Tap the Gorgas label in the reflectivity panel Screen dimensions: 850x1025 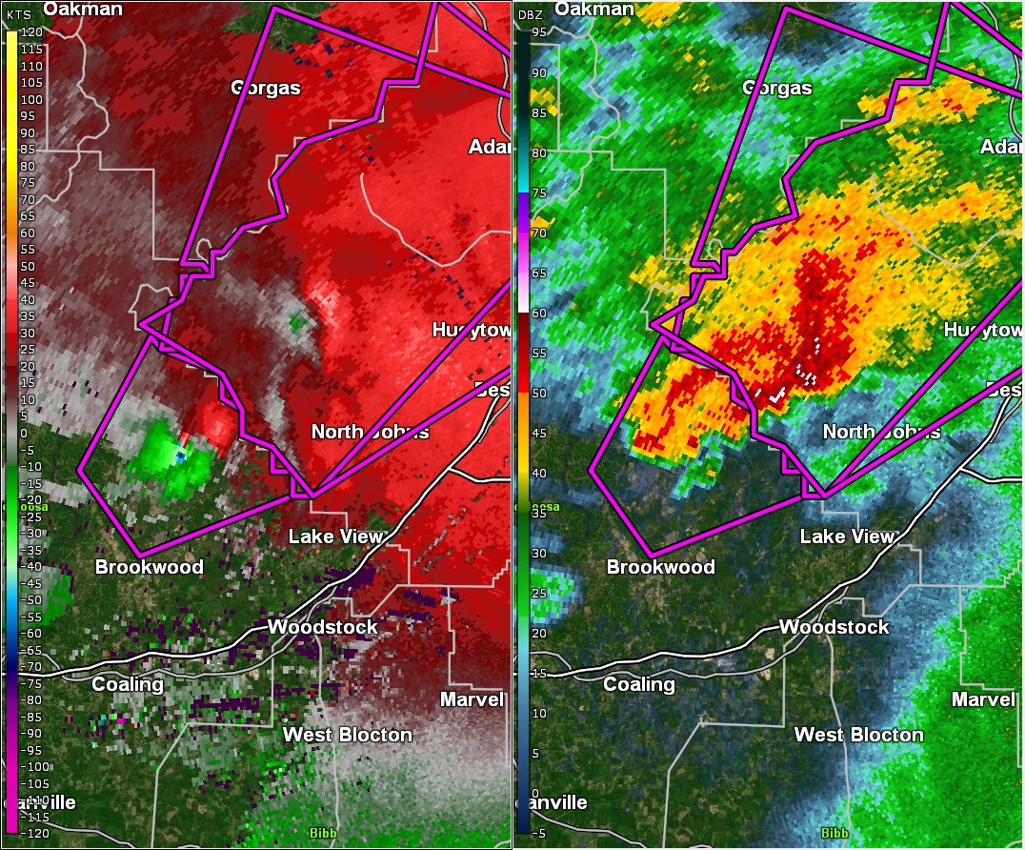776,89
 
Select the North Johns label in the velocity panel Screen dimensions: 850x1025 370,432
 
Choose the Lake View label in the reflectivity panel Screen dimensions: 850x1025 847,536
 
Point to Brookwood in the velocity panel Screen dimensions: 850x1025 149,567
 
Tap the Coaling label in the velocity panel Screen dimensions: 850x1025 127,684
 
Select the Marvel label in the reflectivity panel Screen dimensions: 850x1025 983,699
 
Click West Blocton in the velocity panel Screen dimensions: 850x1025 347,735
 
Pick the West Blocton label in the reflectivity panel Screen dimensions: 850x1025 858,735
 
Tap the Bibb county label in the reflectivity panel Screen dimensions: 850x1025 834,833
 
